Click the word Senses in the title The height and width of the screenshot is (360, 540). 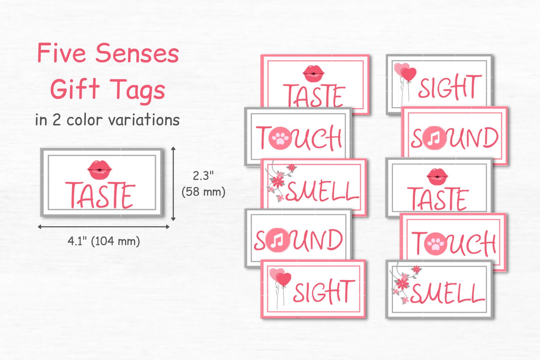(137, 54)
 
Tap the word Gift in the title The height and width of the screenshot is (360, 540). (75, 89)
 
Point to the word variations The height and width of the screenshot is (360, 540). (144, 120)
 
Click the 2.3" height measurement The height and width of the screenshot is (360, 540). (203, 176)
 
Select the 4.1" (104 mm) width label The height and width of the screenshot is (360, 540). (104, 241)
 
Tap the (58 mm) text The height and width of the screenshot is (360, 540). (203, 192)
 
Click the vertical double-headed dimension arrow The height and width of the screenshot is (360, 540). (173, 184)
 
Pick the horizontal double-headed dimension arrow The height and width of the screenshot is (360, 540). (103, 227)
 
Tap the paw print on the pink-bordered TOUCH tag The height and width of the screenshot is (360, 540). (436, 244)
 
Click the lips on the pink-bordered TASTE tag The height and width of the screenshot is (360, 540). (314, 73)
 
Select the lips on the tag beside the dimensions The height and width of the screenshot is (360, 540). (100, 169)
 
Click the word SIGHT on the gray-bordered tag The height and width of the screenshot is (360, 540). (450, 87)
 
